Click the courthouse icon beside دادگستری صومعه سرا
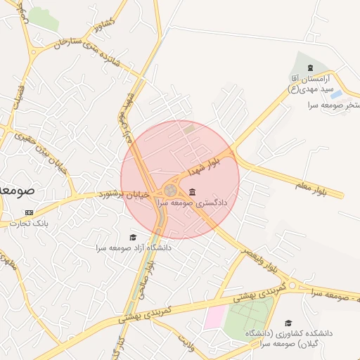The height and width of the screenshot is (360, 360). pos(192,193)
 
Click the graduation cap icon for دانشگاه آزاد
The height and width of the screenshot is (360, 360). pos(132,238)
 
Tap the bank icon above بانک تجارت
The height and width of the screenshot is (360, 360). pos(29,212)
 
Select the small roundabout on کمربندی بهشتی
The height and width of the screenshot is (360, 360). pos(293,285)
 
